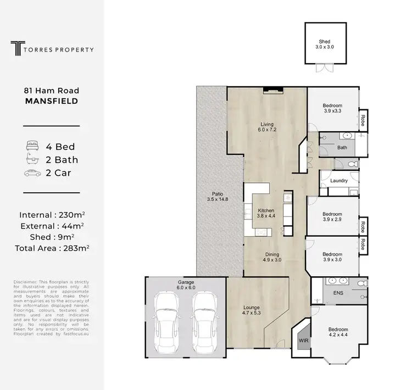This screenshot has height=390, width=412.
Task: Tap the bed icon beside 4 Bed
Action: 32,147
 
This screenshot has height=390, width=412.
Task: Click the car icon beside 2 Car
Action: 32,173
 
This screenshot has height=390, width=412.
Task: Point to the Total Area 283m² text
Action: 52,248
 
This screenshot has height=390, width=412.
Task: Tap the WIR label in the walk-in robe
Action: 303,341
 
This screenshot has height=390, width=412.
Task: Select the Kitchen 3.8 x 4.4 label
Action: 265,213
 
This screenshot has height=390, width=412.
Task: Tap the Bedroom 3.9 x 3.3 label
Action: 332,108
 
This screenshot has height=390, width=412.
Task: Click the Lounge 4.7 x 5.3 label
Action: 252,310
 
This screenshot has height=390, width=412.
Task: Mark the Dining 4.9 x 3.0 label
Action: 272,257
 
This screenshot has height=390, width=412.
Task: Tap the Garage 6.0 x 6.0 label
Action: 186,285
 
